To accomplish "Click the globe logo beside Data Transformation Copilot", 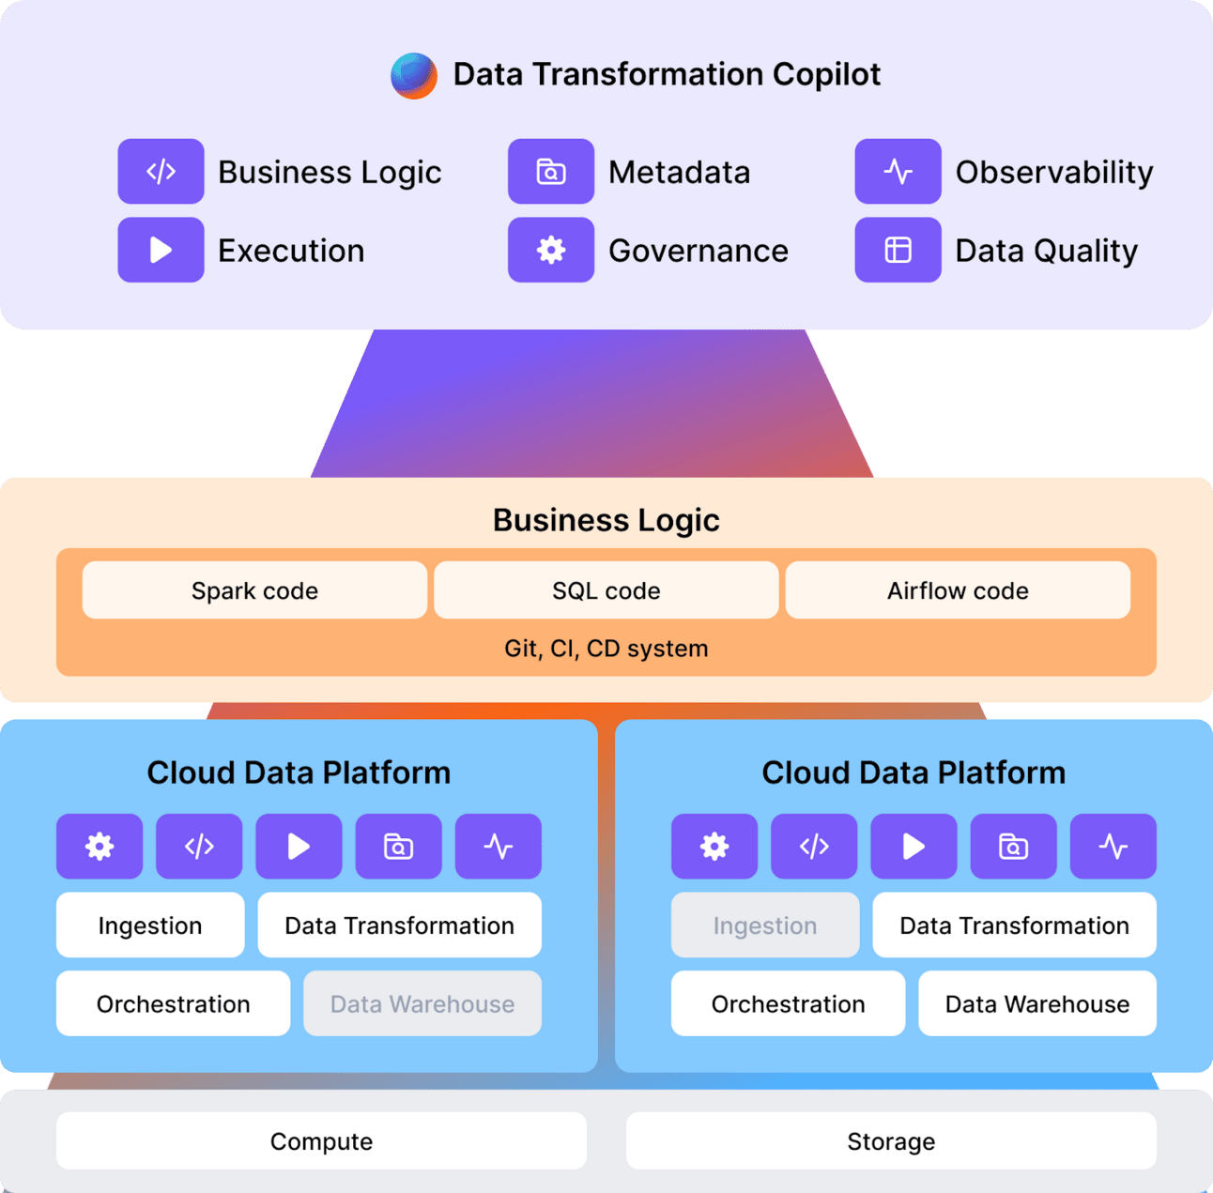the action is pyautogui.click(x=414, y=75).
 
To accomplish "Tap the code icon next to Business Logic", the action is pyautogui.click(x=161, y=171).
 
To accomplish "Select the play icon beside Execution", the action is pyautogui.click(x=161, y=250).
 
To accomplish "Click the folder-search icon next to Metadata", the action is pyautogui.click(x=551, y=171).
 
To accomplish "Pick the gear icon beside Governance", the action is pyautogui.click(x=551, y=250).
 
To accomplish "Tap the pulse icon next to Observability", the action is pyautogui.click(x=898, y=171).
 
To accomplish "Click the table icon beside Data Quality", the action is pyautogui.click(x=898, y=250).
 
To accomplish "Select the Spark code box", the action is pyautogui.click(x=254, y=589).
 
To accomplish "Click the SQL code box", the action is pyautogui.click(x=606, y=589).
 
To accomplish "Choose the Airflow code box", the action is pyautogui.click(x=958, y=589).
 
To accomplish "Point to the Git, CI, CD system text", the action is pyautogui.click(x=606, y=649).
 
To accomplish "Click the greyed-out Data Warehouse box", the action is pyautogui.click(x=422, y=1003).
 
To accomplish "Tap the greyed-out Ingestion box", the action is pyautogui.click(x=765, y=925).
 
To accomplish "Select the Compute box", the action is pyautogui.click(x=321, y=1140).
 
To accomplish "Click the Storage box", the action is pyautogui.click(x=891, y=1140).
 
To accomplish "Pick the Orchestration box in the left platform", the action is pyautogui.click(x=173, y=1003).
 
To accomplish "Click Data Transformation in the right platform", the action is pyautogui.click(x=1014, y=925).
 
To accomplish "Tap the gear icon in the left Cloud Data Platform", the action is pyautogui.click(x=100, y=846).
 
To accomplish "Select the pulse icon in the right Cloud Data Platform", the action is pyautogui.click(x=1113, y=846).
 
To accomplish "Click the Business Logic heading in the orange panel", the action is pyautogui.click(x=606, y=520).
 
